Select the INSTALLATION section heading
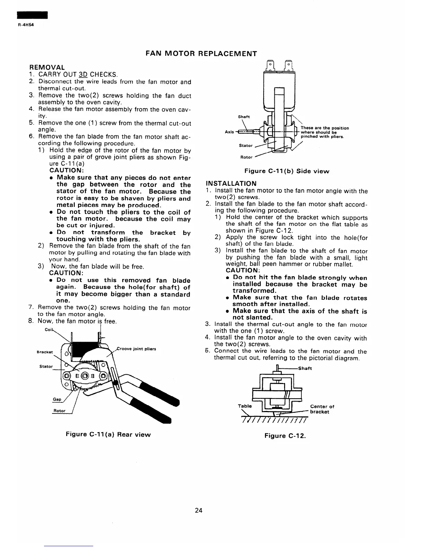point(231,183)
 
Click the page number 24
point(198,510)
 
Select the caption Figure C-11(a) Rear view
point(108,435)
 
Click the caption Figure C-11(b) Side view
point(287,171)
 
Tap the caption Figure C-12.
point(285,436)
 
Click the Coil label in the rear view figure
point(48,330)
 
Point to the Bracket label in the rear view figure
point(45,352)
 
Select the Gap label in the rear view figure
point(57,399)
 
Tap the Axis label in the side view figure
point(229,132)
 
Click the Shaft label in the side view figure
point(244,117)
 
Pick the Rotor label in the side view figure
point(246,157)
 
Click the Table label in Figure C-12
point(245,406)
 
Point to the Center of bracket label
point(322,409)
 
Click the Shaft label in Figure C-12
point(305,368)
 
